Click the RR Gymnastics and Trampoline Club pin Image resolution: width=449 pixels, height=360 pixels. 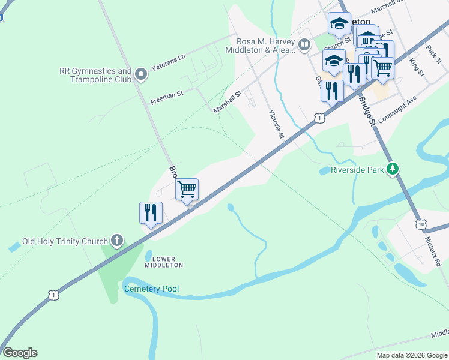click(x=141, y=75)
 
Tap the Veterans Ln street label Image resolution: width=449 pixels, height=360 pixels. click(x=169, y=56)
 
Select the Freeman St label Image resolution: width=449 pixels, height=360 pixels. click(x=166, y=94)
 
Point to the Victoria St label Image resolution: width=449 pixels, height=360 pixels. click(x=276, y=124)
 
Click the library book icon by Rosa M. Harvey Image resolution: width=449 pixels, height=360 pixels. click(x=305, y=45)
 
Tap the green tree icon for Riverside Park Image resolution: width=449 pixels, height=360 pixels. click(x=393, y=170)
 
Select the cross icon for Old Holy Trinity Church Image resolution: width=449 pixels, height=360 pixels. click(x=117, y=241)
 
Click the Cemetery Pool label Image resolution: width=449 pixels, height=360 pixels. click(x=151, y=289)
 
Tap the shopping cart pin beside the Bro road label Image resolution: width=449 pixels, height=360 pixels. click(x=187, y=190)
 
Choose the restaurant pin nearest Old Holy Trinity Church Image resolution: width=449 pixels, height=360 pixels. click(x=150, y=214)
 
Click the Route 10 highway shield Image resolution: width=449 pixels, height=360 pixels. click(x=421, y=224)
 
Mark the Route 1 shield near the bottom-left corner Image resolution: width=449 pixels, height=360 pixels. click(x=54, y=295)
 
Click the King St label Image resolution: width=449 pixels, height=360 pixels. click(x=416, y=66)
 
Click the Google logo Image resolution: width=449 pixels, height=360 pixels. click(x=20, y=353)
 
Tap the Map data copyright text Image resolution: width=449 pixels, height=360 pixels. click(x=411, y=355)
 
